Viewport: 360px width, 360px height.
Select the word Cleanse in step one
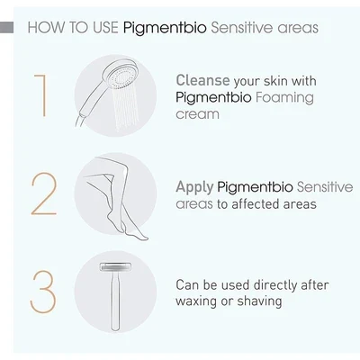pos(202,80)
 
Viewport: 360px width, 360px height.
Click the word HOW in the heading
pos(47,27)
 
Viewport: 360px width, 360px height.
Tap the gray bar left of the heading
pos(6,28)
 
